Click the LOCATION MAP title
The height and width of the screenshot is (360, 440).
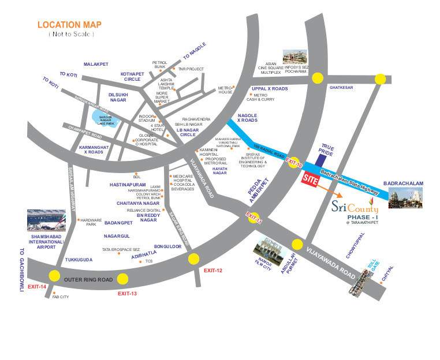(x=70, y=25)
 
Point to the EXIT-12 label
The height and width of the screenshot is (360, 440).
(x=212, y=271)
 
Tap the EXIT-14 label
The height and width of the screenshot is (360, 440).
(x=36, y=287)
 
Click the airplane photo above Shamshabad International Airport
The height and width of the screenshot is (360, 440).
(x=47, y=220)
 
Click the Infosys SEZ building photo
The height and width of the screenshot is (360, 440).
(x=294, y=55)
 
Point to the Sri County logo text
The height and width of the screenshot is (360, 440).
(x=356, y=207)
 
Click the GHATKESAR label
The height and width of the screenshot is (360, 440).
(x=340, y=88)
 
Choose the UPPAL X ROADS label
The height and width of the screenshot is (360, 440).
(x=269, y=88)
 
